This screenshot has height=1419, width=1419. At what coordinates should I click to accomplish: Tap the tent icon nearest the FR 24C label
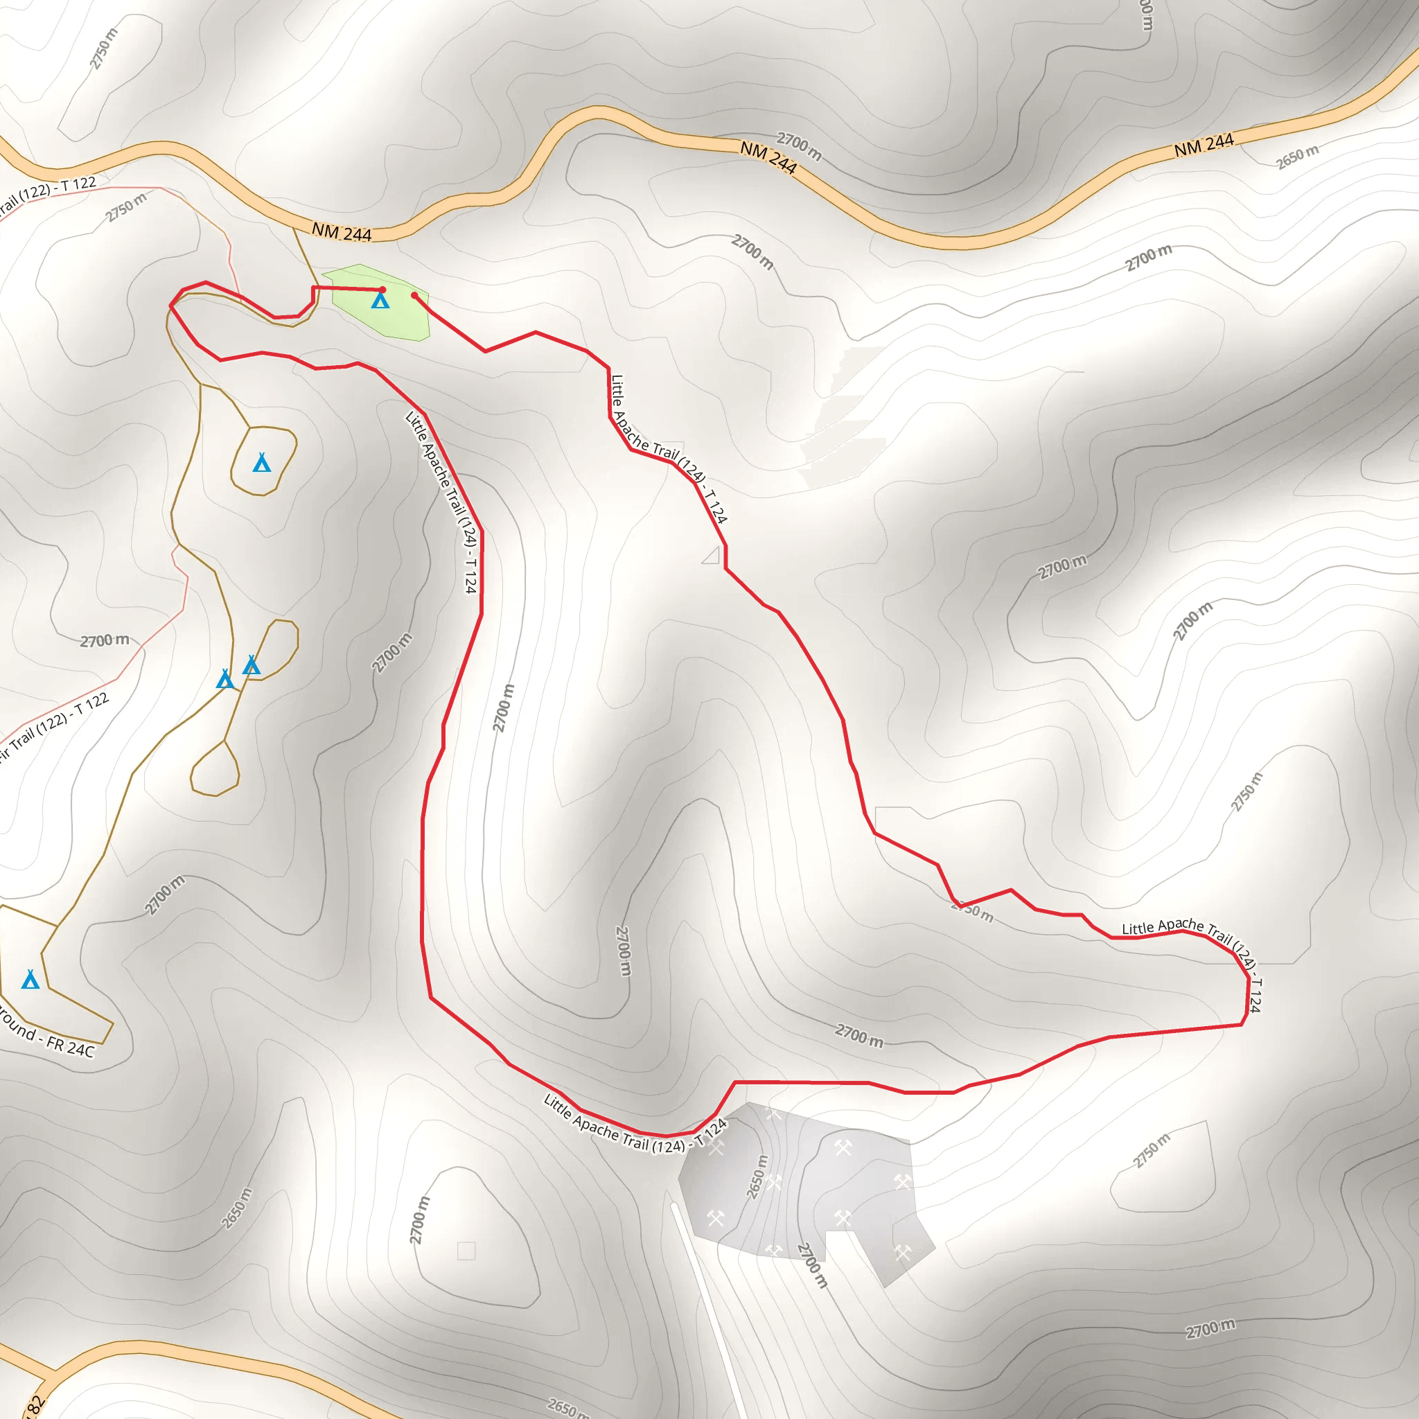tap(30, 979)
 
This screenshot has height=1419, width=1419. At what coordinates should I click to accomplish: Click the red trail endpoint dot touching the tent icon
tap(382, 290)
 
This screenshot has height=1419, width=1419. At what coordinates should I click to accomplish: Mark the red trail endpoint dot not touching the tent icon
tap(414, 295)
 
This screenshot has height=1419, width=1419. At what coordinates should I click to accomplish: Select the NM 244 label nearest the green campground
tap(342, 233)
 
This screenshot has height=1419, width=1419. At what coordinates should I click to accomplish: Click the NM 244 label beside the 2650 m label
tap(1203, 146)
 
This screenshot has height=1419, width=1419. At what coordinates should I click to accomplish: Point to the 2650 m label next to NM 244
tap(1297, 157)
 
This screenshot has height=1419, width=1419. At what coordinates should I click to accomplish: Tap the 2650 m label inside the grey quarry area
tap(757, 1176)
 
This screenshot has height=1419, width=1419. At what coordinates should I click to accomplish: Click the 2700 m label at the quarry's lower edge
tap(812, 1264)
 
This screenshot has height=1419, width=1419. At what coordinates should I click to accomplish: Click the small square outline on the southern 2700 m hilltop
tap(466, 1251)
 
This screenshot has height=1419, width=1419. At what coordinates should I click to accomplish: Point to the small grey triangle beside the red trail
tap(711, 555)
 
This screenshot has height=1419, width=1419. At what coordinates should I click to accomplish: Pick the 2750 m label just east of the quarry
tap(1151, 1150)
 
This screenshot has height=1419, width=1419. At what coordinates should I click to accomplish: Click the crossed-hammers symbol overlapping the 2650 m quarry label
tap(774, 1183)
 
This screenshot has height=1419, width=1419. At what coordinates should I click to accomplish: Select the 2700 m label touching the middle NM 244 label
tap(799, 146)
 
